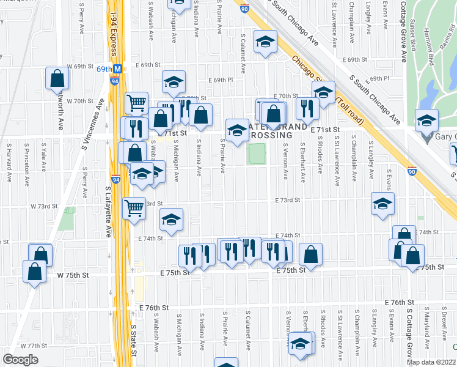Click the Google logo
(20, 359)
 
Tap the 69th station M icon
(118, 69)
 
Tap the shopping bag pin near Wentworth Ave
(56, 78)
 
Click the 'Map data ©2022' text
(431, 362)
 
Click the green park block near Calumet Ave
(256, 154)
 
